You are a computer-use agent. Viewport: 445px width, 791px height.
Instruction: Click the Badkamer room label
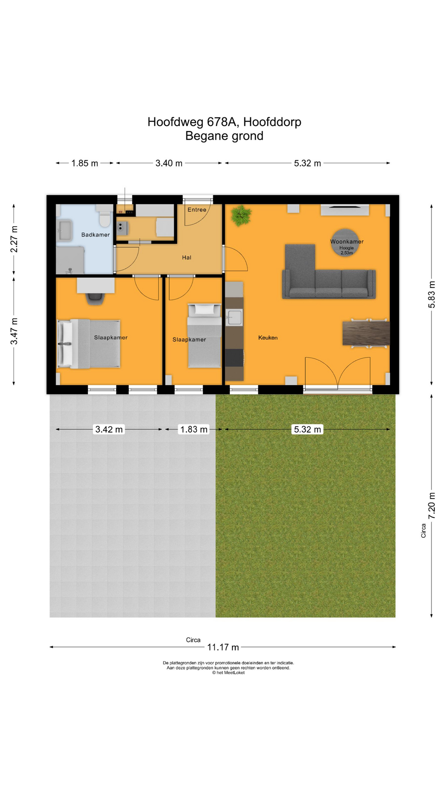tap(96, 235)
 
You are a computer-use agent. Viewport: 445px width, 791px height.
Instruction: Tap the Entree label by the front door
tap(197, 210)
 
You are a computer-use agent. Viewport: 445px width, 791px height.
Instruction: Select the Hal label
tap(187, 257)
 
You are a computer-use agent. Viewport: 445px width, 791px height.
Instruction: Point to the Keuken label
tap(268, 337)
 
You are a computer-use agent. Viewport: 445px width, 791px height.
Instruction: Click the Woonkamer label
tap(347, 242)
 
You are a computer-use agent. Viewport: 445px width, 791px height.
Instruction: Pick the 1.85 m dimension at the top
tap(85, 163)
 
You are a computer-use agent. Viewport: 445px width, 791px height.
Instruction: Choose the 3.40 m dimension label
tap(169, 163)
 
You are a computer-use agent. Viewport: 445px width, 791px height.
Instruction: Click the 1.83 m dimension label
tap(194, 429)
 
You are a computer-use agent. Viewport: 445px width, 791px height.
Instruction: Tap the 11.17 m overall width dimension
tap(223, 647)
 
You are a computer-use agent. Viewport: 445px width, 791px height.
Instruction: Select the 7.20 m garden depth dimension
tap(431, 505)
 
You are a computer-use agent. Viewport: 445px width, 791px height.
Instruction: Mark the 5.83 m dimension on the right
tap(431, 294)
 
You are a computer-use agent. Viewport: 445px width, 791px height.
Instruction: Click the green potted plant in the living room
tap(241, 215)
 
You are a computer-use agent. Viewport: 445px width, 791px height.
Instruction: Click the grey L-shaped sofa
tap(328, 277)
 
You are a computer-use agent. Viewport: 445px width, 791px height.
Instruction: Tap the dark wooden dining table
tap(366, 333)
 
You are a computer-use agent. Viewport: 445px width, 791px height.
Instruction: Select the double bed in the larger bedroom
tap(89, 344)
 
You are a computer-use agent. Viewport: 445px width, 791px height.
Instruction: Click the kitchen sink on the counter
tap(234, 317)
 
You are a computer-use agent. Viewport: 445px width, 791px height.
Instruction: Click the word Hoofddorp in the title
tap(272, 122)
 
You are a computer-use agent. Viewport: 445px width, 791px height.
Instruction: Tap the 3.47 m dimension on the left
tap(14, 331)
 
